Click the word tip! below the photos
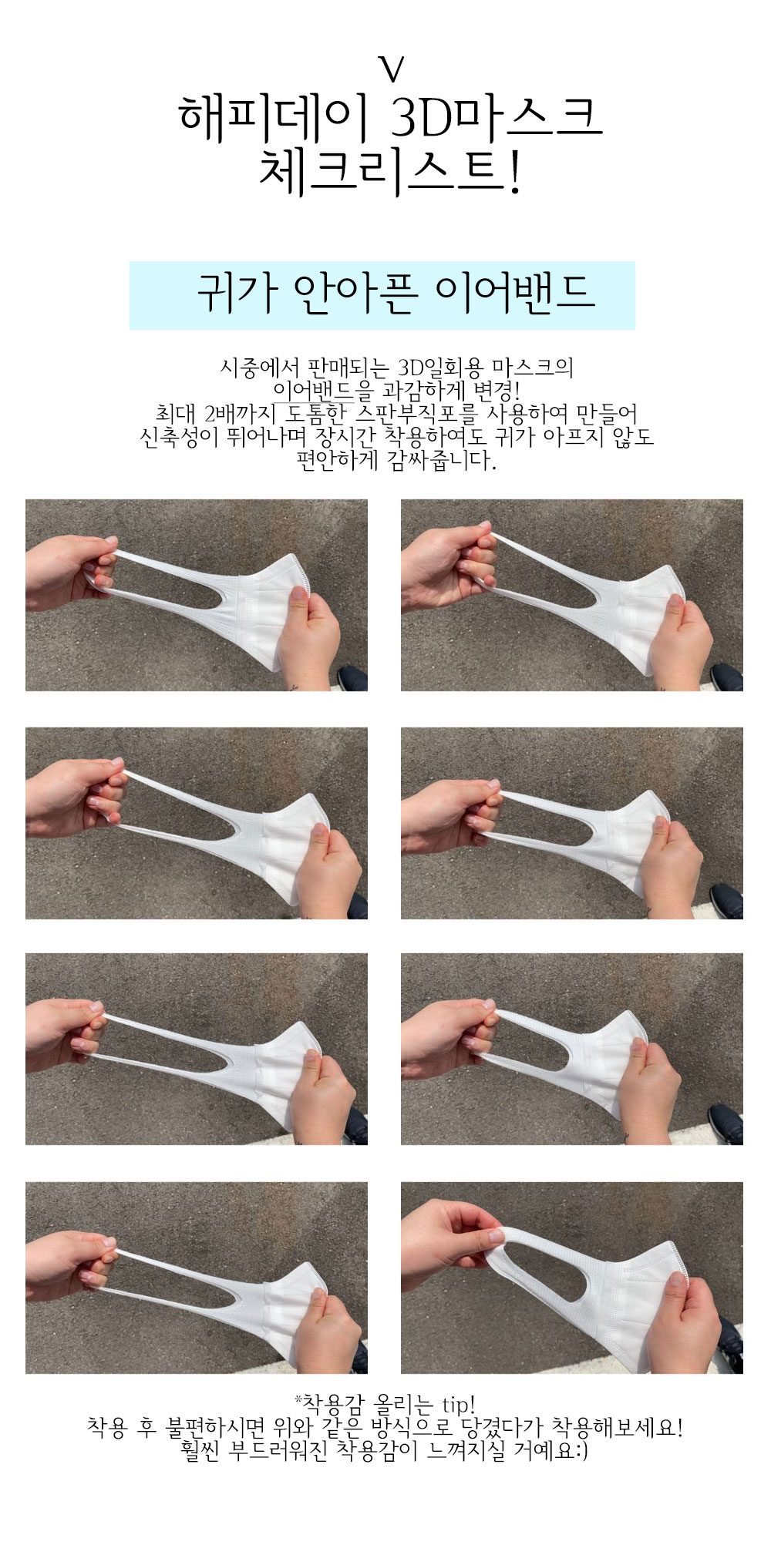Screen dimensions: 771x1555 460,1402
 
